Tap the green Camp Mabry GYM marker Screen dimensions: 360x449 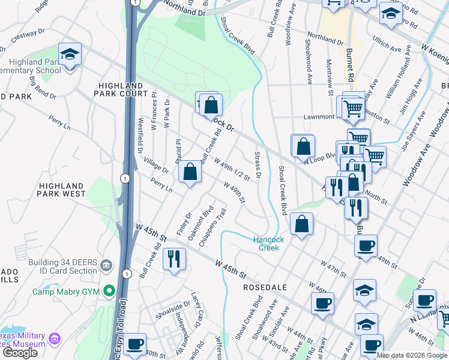(109, 292)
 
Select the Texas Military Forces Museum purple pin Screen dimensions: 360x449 (55, 340)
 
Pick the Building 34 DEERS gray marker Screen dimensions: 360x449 (106, 265)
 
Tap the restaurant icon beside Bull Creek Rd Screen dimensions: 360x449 (174, 259)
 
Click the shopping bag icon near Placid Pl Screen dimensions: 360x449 (190, 172)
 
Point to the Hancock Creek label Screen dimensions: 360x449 (268, 243)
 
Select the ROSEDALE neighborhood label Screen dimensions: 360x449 (267, 287)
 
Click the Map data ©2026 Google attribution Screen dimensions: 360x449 (412, 355)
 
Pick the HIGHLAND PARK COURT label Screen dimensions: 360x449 (121, 89)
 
